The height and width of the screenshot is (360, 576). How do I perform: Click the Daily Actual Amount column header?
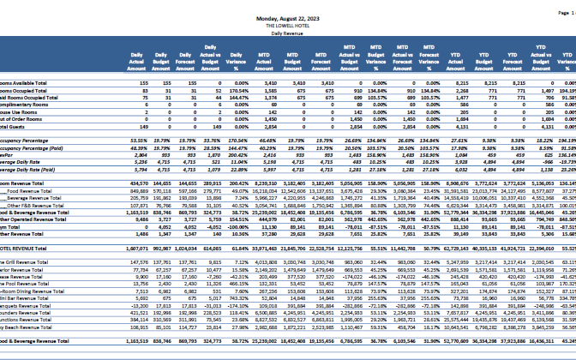[x=135, y=57]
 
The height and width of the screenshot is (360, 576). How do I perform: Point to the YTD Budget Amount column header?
[x=485, y=57]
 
